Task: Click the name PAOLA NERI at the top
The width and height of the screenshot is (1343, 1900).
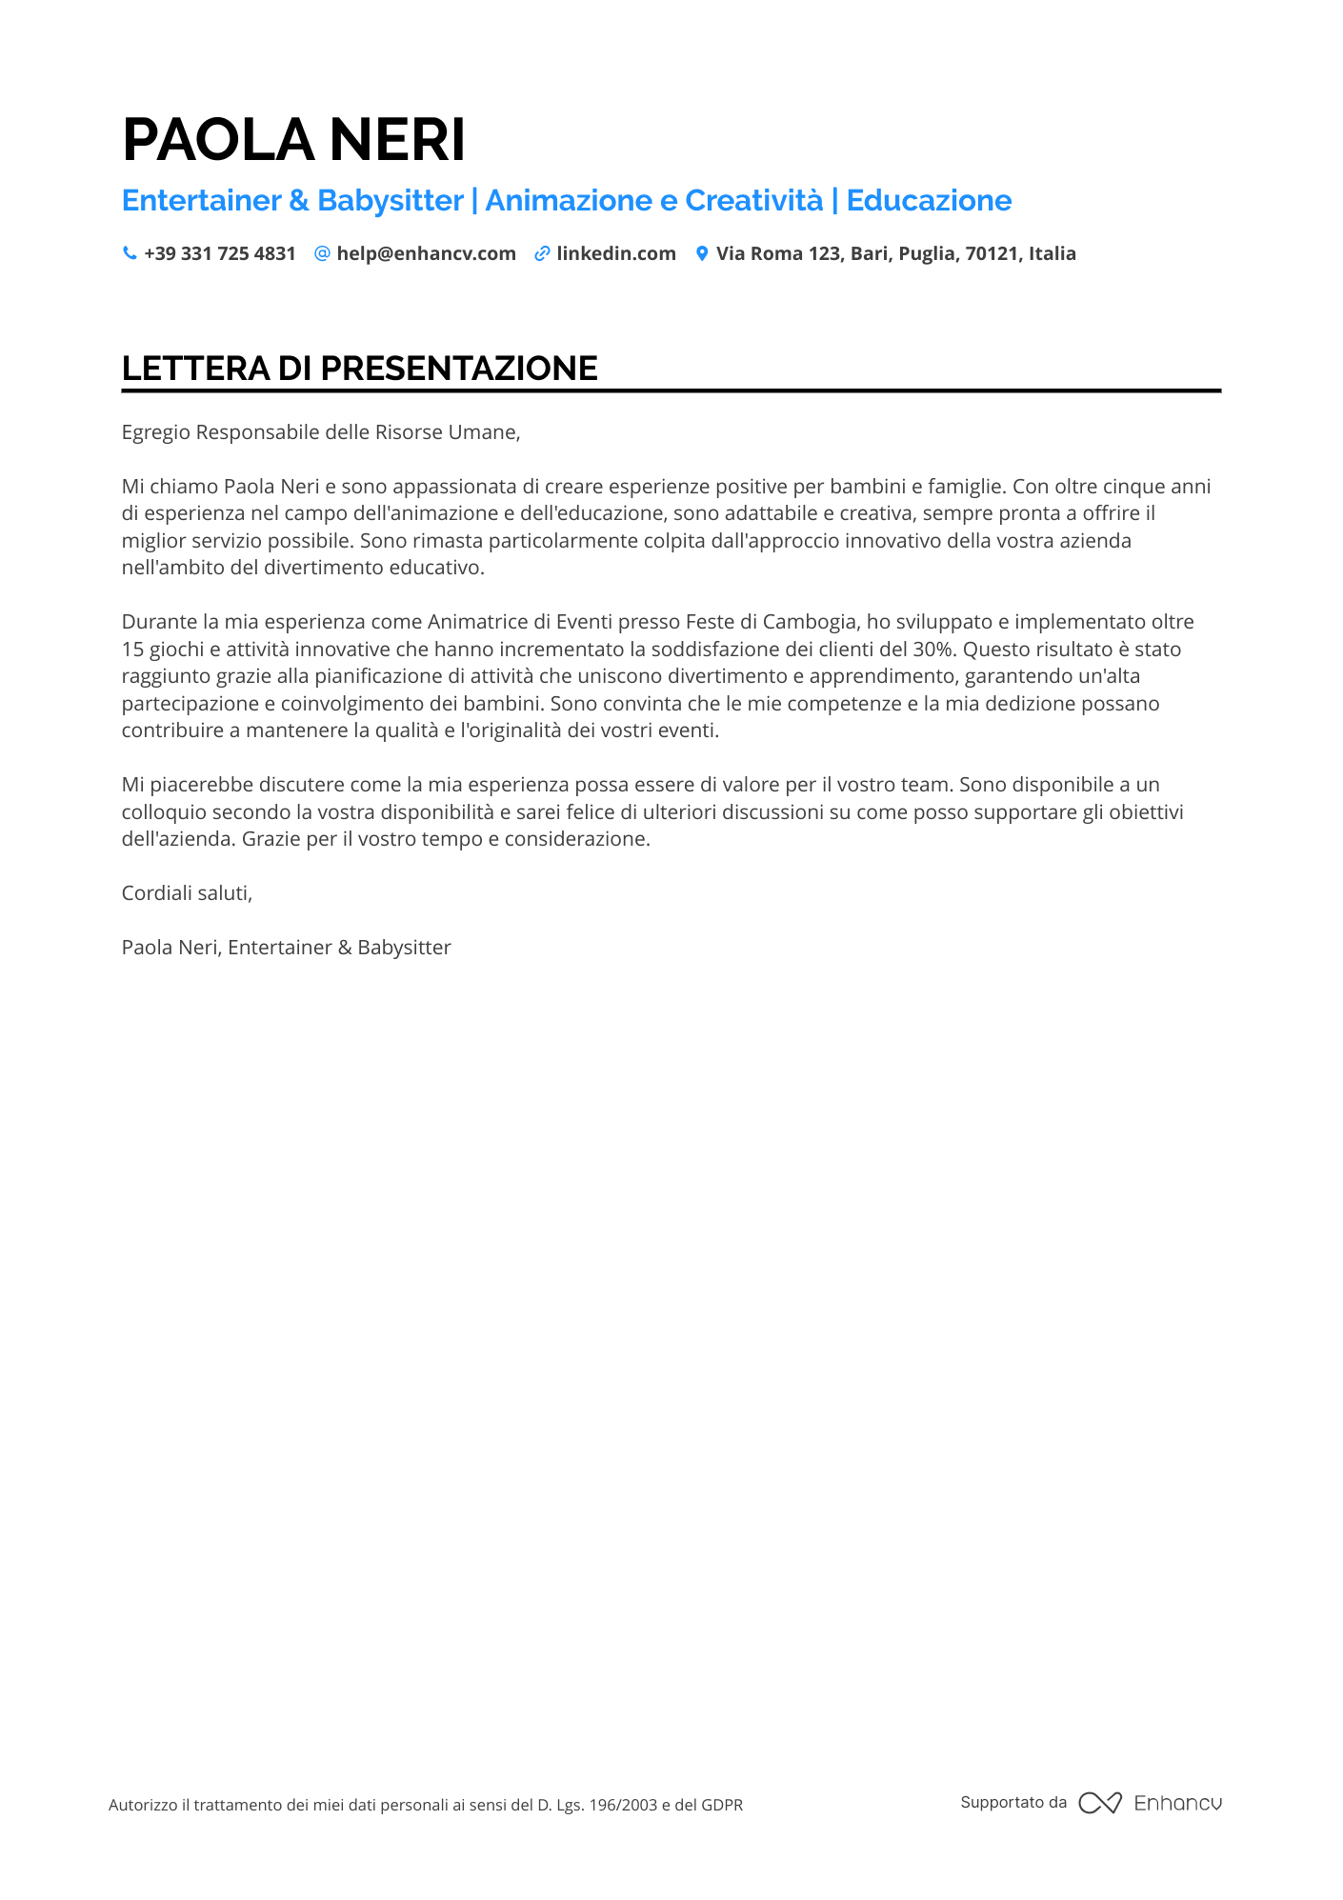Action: coord(293,140)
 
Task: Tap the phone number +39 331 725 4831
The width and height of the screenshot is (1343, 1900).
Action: coord(219,253)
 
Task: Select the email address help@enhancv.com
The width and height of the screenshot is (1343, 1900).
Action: coord(426,253)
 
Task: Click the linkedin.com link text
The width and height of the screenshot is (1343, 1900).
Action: coord(615,253)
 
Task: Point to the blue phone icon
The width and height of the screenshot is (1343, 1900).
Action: coord(130,253)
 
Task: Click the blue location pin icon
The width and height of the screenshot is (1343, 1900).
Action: coord(702,253)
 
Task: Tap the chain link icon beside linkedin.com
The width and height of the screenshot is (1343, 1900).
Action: coord(542,253)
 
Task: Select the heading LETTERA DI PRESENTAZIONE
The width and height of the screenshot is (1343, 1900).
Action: coord(359,369)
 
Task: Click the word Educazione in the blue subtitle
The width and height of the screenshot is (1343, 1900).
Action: coord(929,200)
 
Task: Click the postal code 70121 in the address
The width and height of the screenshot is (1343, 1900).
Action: coord(992,253)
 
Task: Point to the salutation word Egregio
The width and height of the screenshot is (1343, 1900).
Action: coord(155,432)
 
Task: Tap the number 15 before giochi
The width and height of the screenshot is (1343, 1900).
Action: coord(131,650)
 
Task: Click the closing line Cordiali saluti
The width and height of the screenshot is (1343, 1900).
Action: coord(187,893)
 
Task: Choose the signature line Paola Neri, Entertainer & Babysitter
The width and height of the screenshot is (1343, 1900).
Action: coord(286,948)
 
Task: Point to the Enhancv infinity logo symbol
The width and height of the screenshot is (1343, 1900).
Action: coord(1099,1803)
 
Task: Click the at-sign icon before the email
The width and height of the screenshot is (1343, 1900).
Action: coord(322,253)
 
